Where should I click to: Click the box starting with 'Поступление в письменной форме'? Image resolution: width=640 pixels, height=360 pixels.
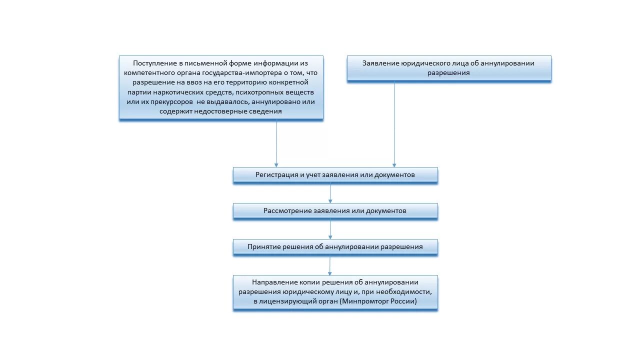tap(221, 87)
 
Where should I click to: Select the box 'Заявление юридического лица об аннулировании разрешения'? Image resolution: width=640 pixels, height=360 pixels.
tap(448, 68)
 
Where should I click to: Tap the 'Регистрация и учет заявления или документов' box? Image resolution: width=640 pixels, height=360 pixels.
tap(335, 175)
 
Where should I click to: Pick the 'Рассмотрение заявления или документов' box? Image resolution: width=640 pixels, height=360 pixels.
tap(335, 211)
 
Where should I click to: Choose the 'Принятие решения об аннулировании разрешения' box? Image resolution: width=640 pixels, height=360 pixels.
tap(335, 247)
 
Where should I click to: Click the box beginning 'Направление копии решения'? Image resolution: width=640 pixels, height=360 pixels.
tap(335, 292)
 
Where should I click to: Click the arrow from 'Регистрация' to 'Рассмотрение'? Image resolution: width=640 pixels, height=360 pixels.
tap(330, 193)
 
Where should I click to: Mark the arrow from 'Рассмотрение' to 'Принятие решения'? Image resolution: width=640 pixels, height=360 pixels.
tap(330, 229)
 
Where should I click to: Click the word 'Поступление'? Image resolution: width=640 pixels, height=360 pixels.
tap(151, 63)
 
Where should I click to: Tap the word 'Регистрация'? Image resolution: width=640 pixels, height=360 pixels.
tap(276, 175)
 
